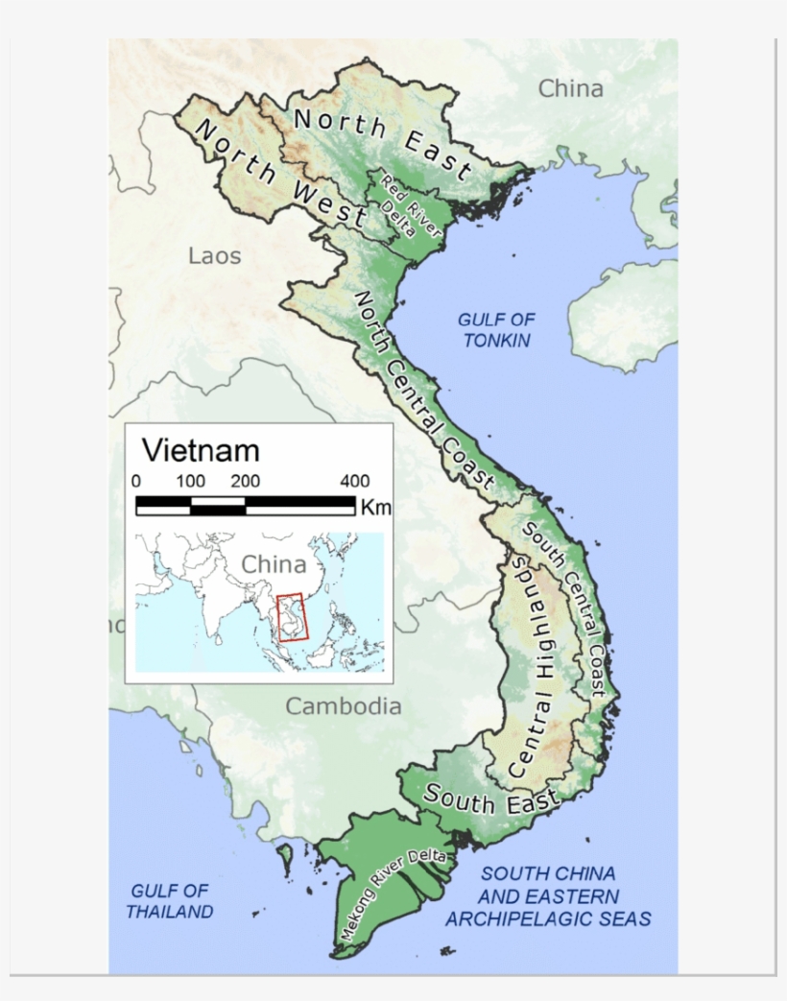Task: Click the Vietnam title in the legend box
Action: [201, 450]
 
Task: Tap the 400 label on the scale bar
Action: [354, 482]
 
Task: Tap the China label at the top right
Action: [570, 89]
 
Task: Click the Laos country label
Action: [215, 256]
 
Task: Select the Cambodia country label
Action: [344, 706]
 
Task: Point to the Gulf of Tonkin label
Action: [496, 329]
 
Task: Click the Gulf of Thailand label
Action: [170, 901]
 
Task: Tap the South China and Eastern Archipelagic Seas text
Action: [548, 896]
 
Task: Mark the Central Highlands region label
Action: [535, 665]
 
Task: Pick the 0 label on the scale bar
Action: [135, 482]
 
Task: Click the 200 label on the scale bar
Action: [245, 482]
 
